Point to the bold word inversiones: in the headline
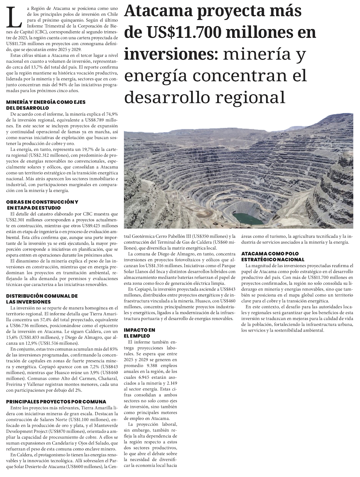(171, 54)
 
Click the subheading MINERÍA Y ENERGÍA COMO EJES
(46, 102)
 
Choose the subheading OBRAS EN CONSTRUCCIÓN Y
(42, 202)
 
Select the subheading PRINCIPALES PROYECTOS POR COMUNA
(56, 401)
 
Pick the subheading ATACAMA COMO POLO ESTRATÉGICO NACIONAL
(273, 256)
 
